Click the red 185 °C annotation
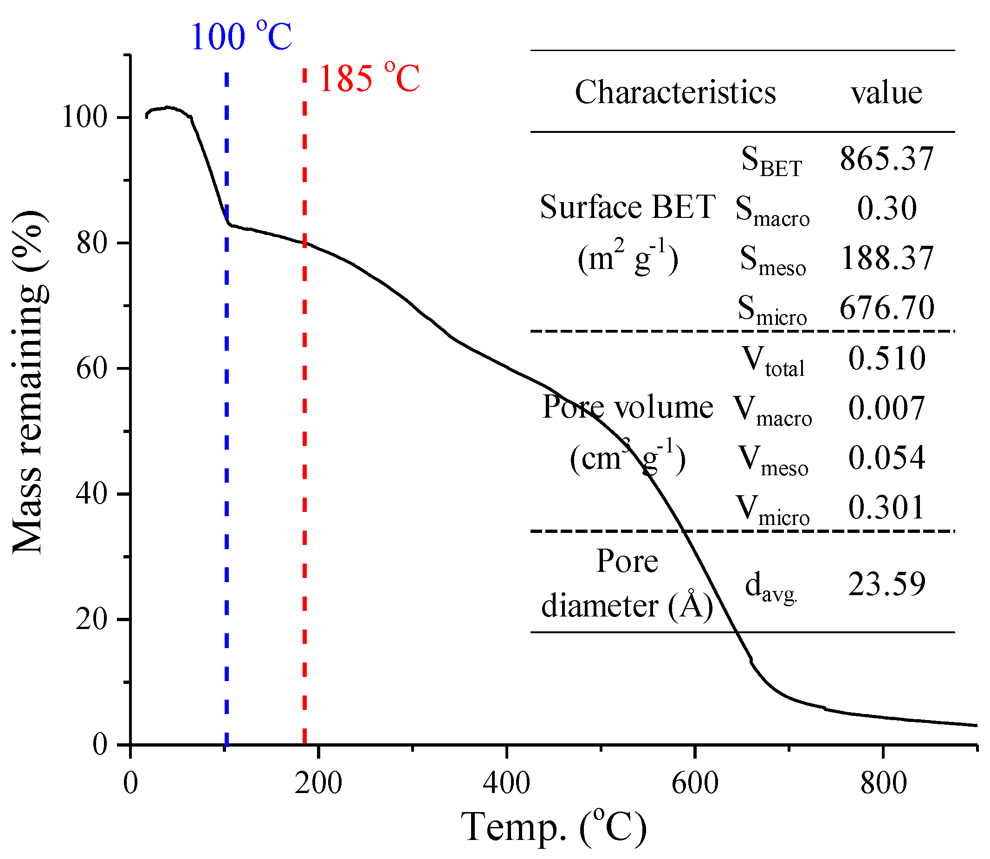369,78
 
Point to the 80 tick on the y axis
91,243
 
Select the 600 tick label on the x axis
694,783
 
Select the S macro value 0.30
886,209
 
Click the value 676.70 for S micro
886,307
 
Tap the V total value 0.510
886,358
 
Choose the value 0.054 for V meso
886,457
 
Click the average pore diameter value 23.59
886,584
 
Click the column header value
886,93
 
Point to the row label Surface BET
628,208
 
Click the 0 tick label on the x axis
130,783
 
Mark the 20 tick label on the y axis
91,620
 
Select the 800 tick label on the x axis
883,783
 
